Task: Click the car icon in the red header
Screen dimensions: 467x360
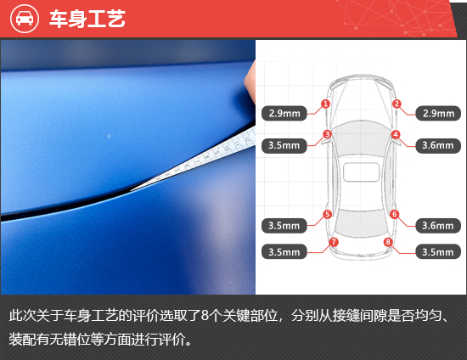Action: click(x=25, y=19)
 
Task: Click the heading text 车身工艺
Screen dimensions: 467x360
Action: click(x=87, y=19)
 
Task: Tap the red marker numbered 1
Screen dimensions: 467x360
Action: click(x=325, y=104)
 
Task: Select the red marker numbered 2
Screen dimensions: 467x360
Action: click(x=397, y=104)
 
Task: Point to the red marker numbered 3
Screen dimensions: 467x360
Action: click(x=327, y=134)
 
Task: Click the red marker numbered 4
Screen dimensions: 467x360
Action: click(x=396, y=134)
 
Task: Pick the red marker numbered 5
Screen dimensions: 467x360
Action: click(x=327, y=214)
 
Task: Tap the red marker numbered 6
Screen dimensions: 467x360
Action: click(x=395, y=214)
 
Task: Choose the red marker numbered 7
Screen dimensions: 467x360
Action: click(x=334, y=242)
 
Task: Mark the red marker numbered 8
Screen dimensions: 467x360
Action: click(x=388, y=242)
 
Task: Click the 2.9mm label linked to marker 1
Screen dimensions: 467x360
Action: click(x=284, y=114)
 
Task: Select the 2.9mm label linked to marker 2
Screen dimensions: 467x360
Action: click(x=438, y=114)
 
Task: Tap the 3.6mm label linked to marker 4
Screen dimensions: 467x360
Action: click(x=438, y=145)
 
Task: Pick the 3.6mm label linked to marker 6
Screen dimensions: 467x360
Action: click(x=438, y=226)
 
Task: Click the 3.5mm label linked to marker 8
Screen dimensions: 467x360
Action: click(x=438, y=252)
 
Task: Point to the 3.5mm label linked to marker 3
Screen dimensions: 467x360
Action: click(x=284, y=145)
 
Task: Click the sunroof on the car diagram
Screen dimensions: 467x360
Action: click(x=361, y=172)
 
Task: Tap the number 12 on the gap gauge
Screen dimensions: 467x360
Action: click(x=247, y=138)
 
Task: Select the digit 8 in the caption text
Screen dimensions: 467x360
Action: click(x=205, y=316)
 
